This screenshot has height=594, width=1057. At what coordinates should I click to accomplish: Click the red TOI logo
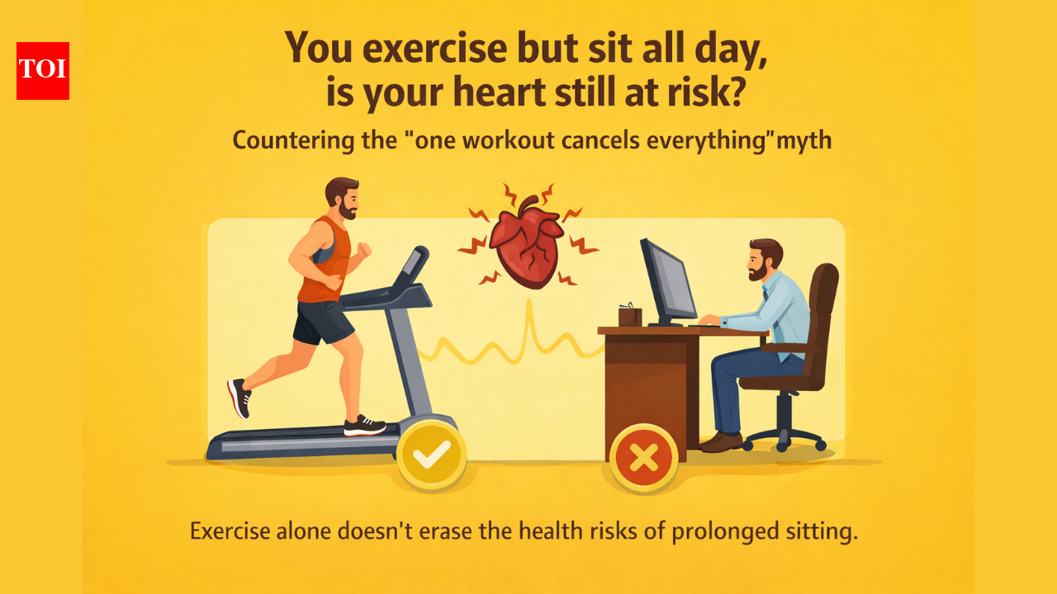coord(43,71)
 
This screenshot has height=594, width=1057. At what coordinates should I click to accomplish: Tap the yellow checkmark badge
coord(431,454)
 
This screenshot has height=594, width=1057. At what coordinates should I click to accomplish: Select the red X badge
coord(643,457)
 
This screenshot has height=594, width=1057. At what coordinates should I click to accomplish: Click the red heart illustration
coord(526,244)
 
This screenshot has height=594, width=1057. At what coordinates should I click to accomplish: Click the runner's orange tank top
coord(319,262)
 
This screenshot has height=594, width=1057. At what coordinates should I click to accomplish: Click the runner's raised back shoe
coord(239,398)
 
